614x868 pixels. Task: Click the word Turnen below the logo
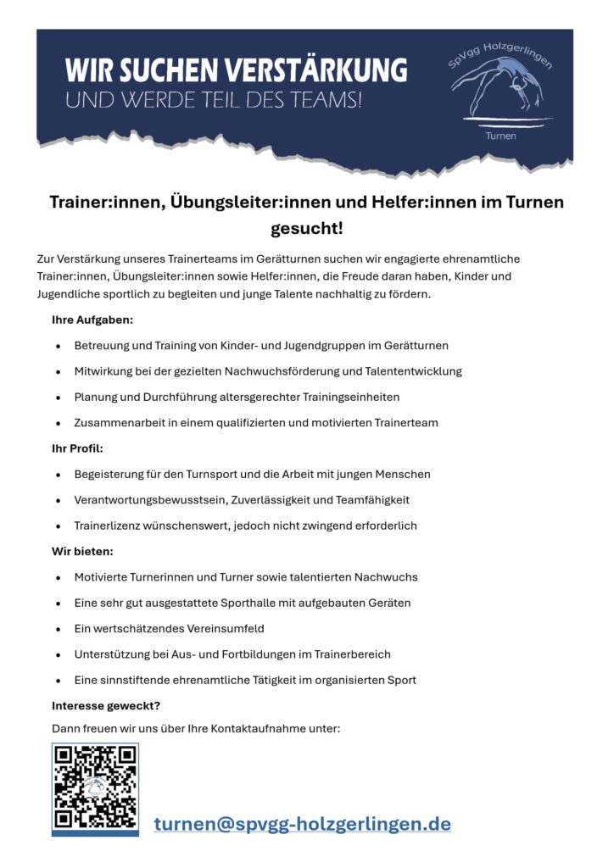pyautogui.click(x=500, y=136)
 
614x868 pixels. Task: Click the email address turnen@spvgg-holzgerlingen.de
pyautogui.click(x=302, y=823)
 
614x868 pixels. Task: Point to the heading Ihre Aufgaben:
pyautogui.click(x=92, y=320)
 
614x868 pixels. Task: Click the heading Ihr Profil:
pyautogui.click(x=77, y=448)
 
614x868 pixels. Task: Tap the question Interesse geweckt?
pyautogui.click(x=106, y=705)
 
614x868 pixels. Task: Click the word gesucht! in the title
pyautogui.click(x=306, y=229)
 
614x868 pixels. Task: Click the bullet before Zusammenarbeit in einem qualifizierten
pyautogui.click(x=58, y=423)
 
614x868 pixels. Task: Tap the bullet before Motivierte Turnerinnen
pyautogui.click(x=58, y=577)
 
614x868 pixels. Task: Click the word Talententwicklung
pyautogui.click(x=413, y=371)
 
